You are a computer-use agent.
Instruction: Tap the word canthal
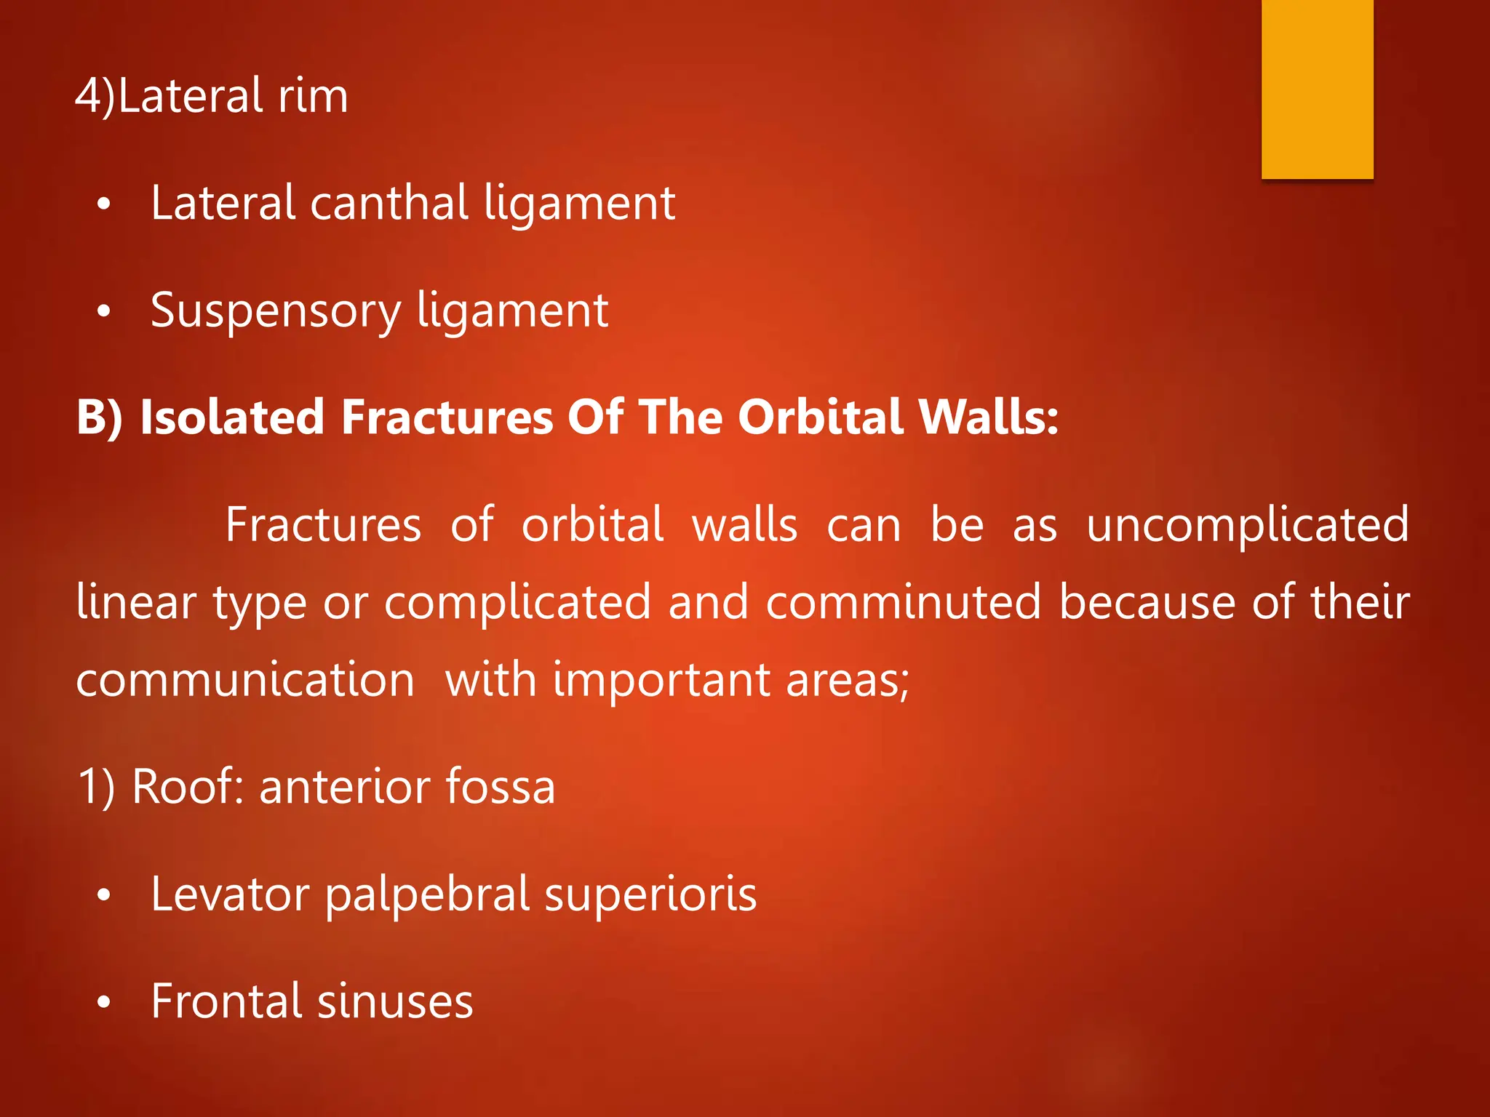click(389, 203)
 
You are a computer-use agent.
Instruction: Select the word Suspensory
click(276, 311)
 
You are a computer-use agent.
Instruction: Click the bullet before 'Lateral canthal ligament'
click(104, 206)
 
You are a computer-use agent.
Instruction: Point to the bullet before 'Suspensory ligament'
click(104, 313)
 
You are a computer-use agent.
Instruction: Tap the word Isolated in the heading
click(231, 417)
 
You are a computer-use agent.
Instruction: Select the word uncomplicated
click(1247, 525)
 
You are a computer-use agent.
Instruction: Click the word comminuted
click(903, 603)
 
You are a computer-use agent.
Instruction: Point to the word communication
click(245, 681)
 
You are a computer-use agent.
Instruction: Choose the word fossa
click(500, 787)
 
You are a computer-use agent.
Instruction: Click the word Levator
click(230, 894)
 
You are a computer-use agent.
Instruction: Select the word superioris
click(650, 894)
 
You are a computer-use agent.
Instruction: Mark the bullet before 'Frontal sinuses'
click(104, 1004)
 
